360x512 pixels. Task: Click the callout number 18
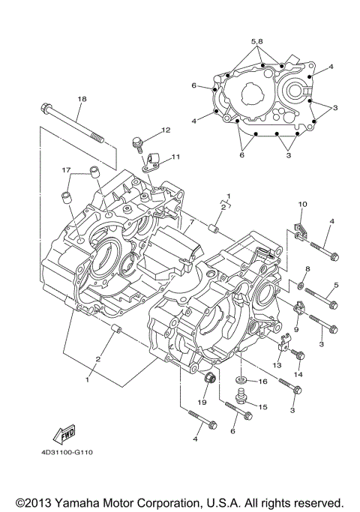coord(82,99)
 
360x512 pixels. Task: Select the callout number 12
coord(165,130)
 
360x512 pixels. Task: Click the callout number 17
coord(67,169)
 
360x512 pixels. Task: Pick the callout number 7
coord(191,223)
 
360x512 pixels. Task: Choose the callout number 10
coord(303,204)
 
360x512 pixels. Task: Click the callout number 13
coord(277,364)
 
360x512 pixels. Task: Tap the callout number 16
coord(263,382)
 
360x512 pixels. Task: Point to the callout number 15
coord(262,406)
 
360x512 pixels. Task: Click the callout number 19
coord(202,403)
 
